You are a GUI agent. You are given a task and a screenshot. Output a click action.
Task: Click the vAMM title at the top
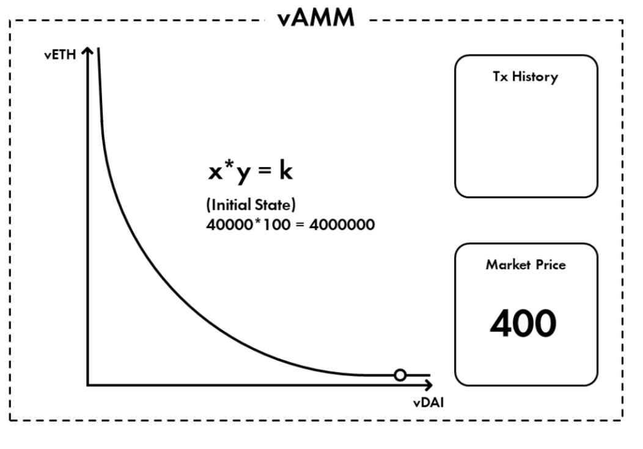tap(316, 18)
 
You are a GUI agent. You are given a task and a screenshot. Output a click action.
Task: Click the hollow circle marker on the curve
tap(400, 375)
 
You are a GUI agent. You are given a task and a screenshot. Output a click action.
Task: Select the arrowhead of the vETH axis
tap(89, 52)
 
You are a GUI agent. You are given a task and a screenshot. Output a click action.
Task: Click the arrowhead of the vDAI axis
tap(428, 385)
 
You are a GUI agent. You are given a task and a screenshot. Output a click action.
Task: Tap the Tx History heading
tap(526, 77)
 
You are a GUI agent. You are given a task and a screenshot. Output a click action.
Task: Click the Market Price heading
tap(526, 265)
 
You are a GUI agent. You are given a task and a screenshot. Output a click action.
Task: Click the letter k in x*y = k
tap(286, 171)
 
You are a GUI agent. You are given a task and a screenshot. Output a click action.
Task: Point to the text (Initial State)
tap(251, 205)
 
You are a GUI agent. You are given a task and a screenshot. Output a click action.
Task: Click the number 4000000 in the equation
tap(342, 224)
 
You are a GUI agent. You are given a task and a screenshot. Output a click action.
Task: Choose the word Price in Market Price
tap(550, 265)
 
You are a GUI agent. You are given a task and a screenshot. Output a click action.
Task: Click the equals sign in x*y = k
tap(265, 173)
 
